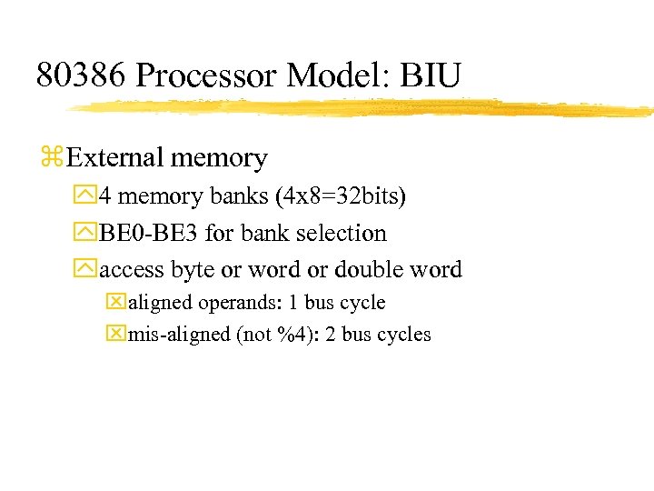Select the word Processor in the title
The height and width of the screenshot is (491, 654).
click(206, 75)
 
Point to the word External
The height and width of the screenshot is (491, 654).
click(113, 158)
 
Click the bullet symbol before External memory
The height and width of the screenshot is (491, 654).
click(51, 158)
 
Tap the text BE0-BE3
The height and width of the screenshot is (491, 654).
click(149, 234)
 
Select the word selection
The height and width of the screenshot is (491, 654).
click(342, 234)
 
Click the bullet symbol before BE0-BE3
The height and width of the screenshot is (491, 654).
click(87, 234)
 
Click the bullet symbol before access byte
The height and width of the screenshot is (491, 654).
click(87, 270)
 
